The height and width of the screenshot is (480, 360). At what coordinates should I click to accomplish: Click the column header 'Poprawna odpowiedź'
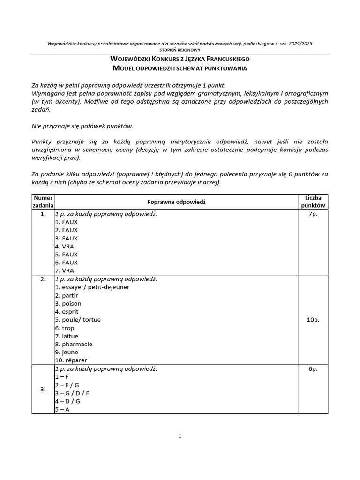click(176, 202)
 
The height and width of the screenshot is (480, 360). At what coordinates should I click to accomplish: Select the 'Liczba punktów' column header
click(314, 202)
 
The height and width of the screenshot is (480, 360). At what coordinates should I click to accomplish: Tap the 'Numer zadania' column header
click(43, 202)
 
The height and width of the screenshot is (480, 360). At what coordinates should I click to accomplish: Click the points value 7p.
click(314, 214)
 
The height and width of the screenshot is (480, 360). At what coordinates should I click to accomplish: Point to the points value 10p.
click(314, 320)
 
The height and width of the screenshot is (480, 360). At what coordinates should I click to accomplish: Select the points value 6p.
click(314, 369)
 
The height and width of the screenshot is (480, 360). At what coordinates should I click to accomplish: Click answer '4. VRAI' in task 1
click(66, 246)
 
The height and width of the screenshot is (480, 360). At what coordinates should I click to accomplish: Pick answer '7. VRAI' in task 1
click(66, 270)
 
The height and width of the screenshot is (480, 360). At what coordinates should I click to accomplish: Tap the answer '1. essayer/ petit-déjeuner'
click(92, 287)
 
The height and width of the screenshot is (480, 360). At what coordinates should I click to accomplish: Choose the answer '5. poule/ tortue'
click(78, 320)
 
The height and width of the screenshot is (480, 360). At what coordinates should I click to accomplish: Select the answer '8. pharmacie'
click(74, 344)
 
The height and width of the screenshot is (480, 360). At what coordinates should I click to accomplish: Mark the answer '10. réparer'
click(71, 360)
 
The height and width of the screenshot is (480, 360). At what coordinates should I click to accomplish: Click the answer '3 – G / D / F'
click(72, 393)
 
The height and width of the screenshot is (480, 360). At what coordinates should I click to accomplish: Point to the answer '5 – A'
click(62, 409)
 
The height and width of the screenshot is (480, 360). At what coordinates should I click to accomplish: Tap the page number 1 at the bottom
click(180, 436)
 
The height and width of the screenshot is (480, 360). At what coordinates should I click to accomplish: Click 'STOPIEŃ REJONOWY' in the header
click(180, 50)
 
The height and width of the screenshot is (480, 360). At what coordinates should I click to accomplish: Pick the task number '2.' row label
click(43, 279)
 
